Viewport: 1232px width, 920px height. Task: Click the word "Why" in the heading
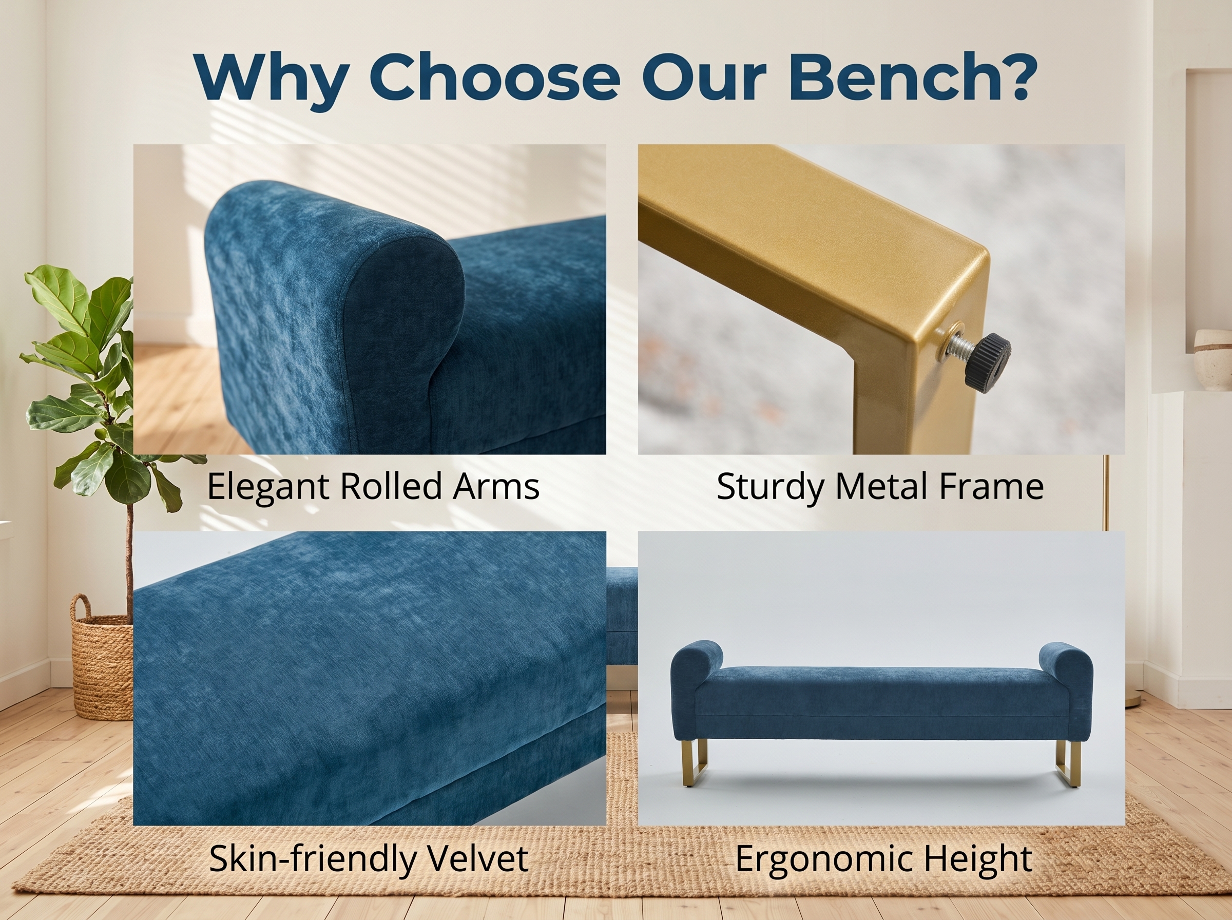(x=272, y=79)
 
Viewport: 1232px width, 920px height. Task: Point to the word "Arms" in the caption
(x=495, y=486)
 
